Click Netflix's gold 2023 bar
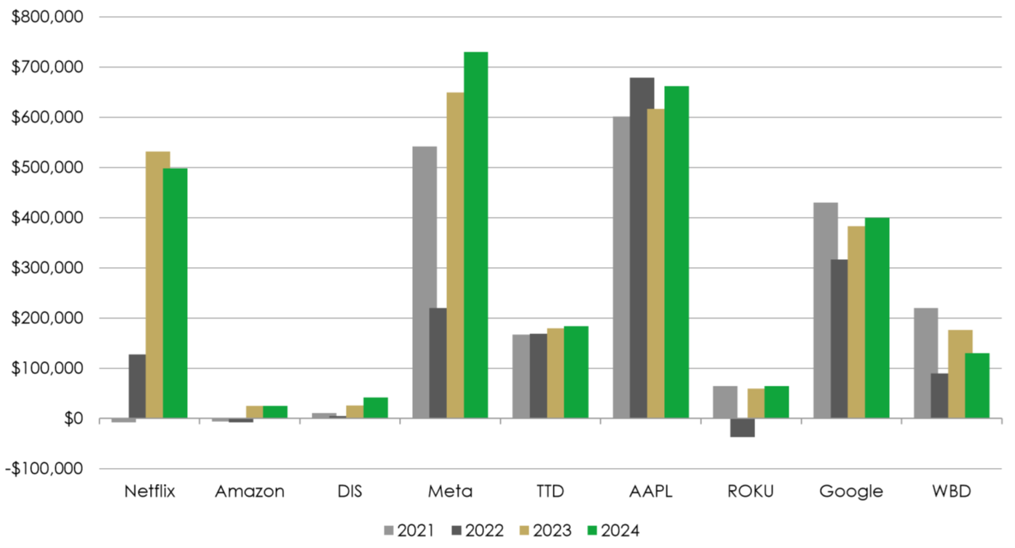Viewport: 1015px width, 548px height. tap(158, 285)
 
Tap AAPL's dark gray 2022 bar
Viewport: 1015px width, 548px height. tap(641, 247)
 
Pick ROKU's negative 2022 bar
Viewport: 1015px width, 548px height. tap(742, 428)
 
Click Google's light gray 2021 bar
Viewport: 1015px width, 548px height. tap(825, 310)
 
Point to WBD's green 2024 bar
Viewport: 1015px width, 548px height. tap(977, 386)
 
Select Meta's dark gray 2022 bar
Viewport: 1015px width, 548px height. tap(438, 363)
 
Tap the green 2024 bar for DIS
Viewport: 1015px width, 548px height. tap(375, 408)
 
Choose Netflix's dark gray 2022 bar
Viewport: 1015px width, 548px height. tap(137, 386)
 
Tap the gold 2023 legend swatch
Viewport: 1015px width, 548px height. tap(524, 531)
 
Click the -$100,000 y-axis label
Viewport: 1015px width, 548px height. tap(44, 469)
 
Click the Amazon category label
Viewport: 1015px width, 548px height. tap(250, 491)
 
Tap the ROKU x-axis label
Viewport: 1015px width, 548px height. tap(751, 491)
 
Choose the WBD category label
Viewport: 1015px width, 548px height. tap(952, 491)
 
